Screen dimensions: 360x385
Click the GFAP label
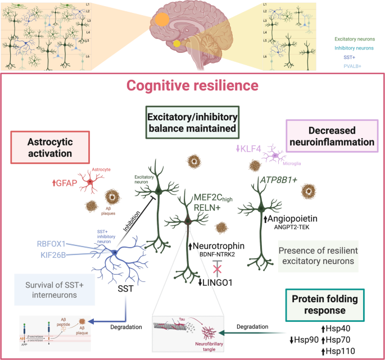click(x=64, y=181)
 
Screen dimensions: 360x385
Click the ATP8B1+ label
click(x=278, y=180)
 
